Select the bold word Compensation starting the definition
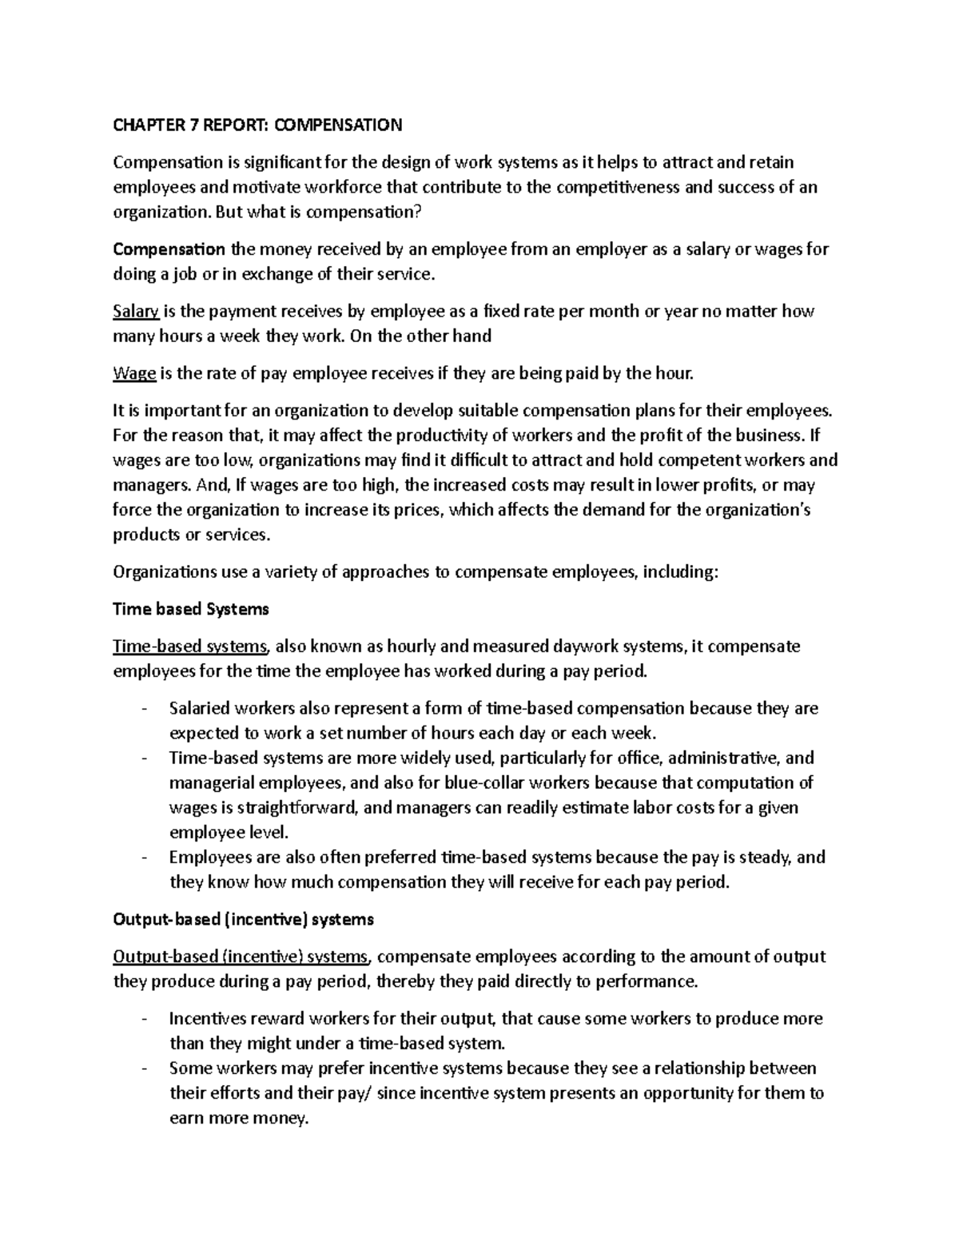coord(169,249)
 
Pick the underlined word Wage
coord(134,373)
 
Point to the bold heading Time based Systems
coord(191,609)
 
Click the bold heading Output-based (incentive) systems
coord(243,919)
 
